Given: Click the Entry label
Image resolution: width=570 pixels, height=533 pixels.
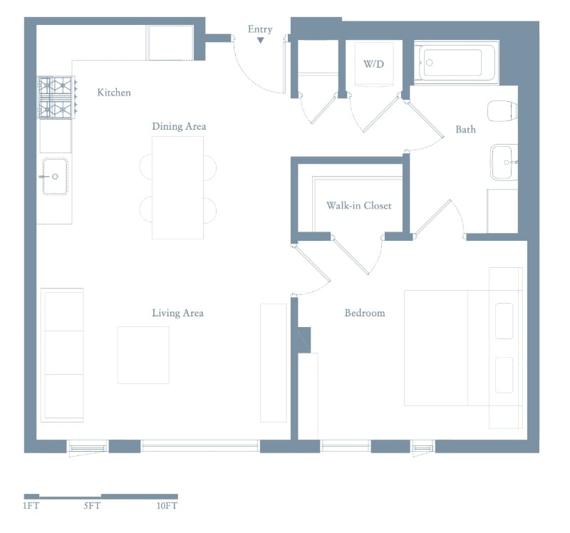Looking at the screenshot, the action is click(260, 29).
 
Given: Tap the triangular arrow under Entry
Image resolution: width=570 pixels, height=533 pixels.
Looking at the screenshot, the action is click(260, 41).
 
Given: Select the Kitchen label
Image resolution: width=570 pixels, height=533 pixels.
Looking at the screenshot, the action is click(114, 93).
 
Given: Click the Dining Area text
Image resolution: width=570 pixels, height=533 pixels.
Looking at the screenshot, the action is click(179, 127).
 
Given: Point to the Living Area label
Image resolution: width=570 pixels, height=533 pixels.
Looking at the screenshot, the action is click(177, 313).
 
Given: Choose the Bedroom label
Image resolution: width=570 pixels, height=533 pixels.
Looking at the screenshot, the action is click(365, 313).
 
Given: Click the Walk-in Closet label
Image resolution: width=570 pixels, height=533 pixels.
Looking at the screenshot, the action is click(359, 206).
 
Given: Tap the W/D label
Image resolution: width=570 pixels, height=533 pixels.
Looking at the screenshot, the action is click(373, 64).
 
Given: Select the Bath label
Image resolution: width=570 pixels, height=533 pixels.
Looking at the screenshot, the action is click(465, 130).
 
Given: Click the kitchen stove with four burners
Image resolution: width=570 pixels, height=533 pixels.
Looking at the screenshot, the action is click(56, 98).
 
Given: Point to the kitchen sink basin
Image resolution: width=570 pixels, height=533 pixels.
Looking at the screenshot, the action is click(55, 176).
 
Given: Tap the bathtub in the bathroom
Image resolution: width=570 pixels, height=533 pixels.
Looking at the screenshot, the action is click(457, 63).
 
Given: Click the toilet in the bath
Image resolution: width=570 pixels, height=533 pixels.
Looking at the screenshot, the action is click(502, 111).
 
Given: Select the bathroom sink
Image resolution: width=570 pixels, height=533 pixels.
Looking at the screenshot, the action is click(504, 162).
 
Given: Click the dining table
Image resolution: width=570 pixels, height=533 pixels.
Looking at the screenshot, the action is click(177, 187).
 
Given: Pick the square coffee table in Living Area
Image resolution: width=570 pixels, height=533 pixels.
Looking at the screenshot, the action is click(143, 355).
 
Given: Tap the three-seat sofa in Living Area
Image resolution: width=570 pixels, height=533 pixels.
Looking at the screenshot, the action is click(62, 355).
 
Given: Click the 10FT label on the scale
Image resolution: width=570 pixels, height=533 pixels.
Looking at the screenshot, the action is click(167, 506).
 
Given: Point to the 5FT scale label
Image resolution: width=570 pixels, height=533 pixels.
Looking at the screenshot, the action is click(92, 506).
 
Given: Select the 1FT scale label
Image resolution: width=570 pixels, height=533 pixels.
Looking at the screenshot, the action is click(31, 506).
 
